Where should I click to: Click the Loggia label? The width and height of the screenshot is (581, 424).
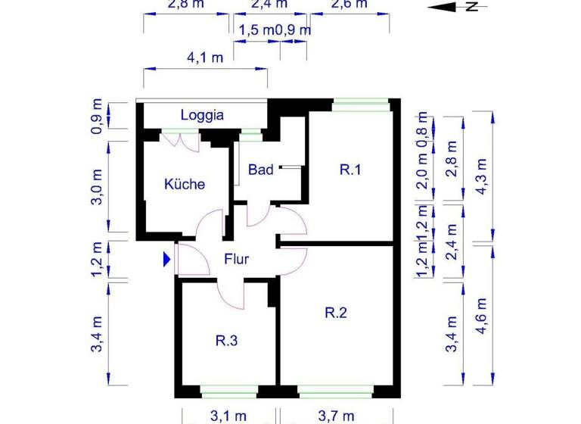pyautogui.click(x=202, y=116)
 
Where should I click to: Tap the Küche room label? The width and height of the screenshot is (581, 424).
pyautogui.click(x=185, y=184)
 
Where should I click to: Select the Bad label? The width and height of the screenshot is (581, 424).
pyautogui.click(x=261, y=170)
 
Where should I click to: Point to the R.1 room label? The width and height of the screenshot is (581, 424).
pyautogui.click(x=350, y=170)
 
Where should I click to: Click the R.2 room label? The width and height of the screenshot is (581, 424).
pyautogui.click(x=336, y=312)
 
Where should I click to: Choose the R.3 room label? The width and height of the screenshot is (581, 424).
pyautogui.click(x=227, y=341)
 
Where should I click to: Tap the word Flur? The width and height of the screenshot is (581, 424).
pyautogui.click(x=236, y=259)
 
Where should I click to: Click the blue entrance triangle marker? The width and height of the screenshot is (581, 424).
pyautogui.click(x=167, y=260)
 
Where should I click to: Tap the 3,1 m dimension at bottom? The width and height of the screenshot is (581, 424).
pyautogui.click(x=229, y=416)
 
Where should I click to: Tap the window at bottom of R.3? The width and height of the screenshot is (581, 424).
pyautogui.click(x=229, y=391)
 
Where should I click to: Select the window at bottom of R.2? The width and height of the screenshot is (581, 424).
pyautogui.click(x=335, y=391)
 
